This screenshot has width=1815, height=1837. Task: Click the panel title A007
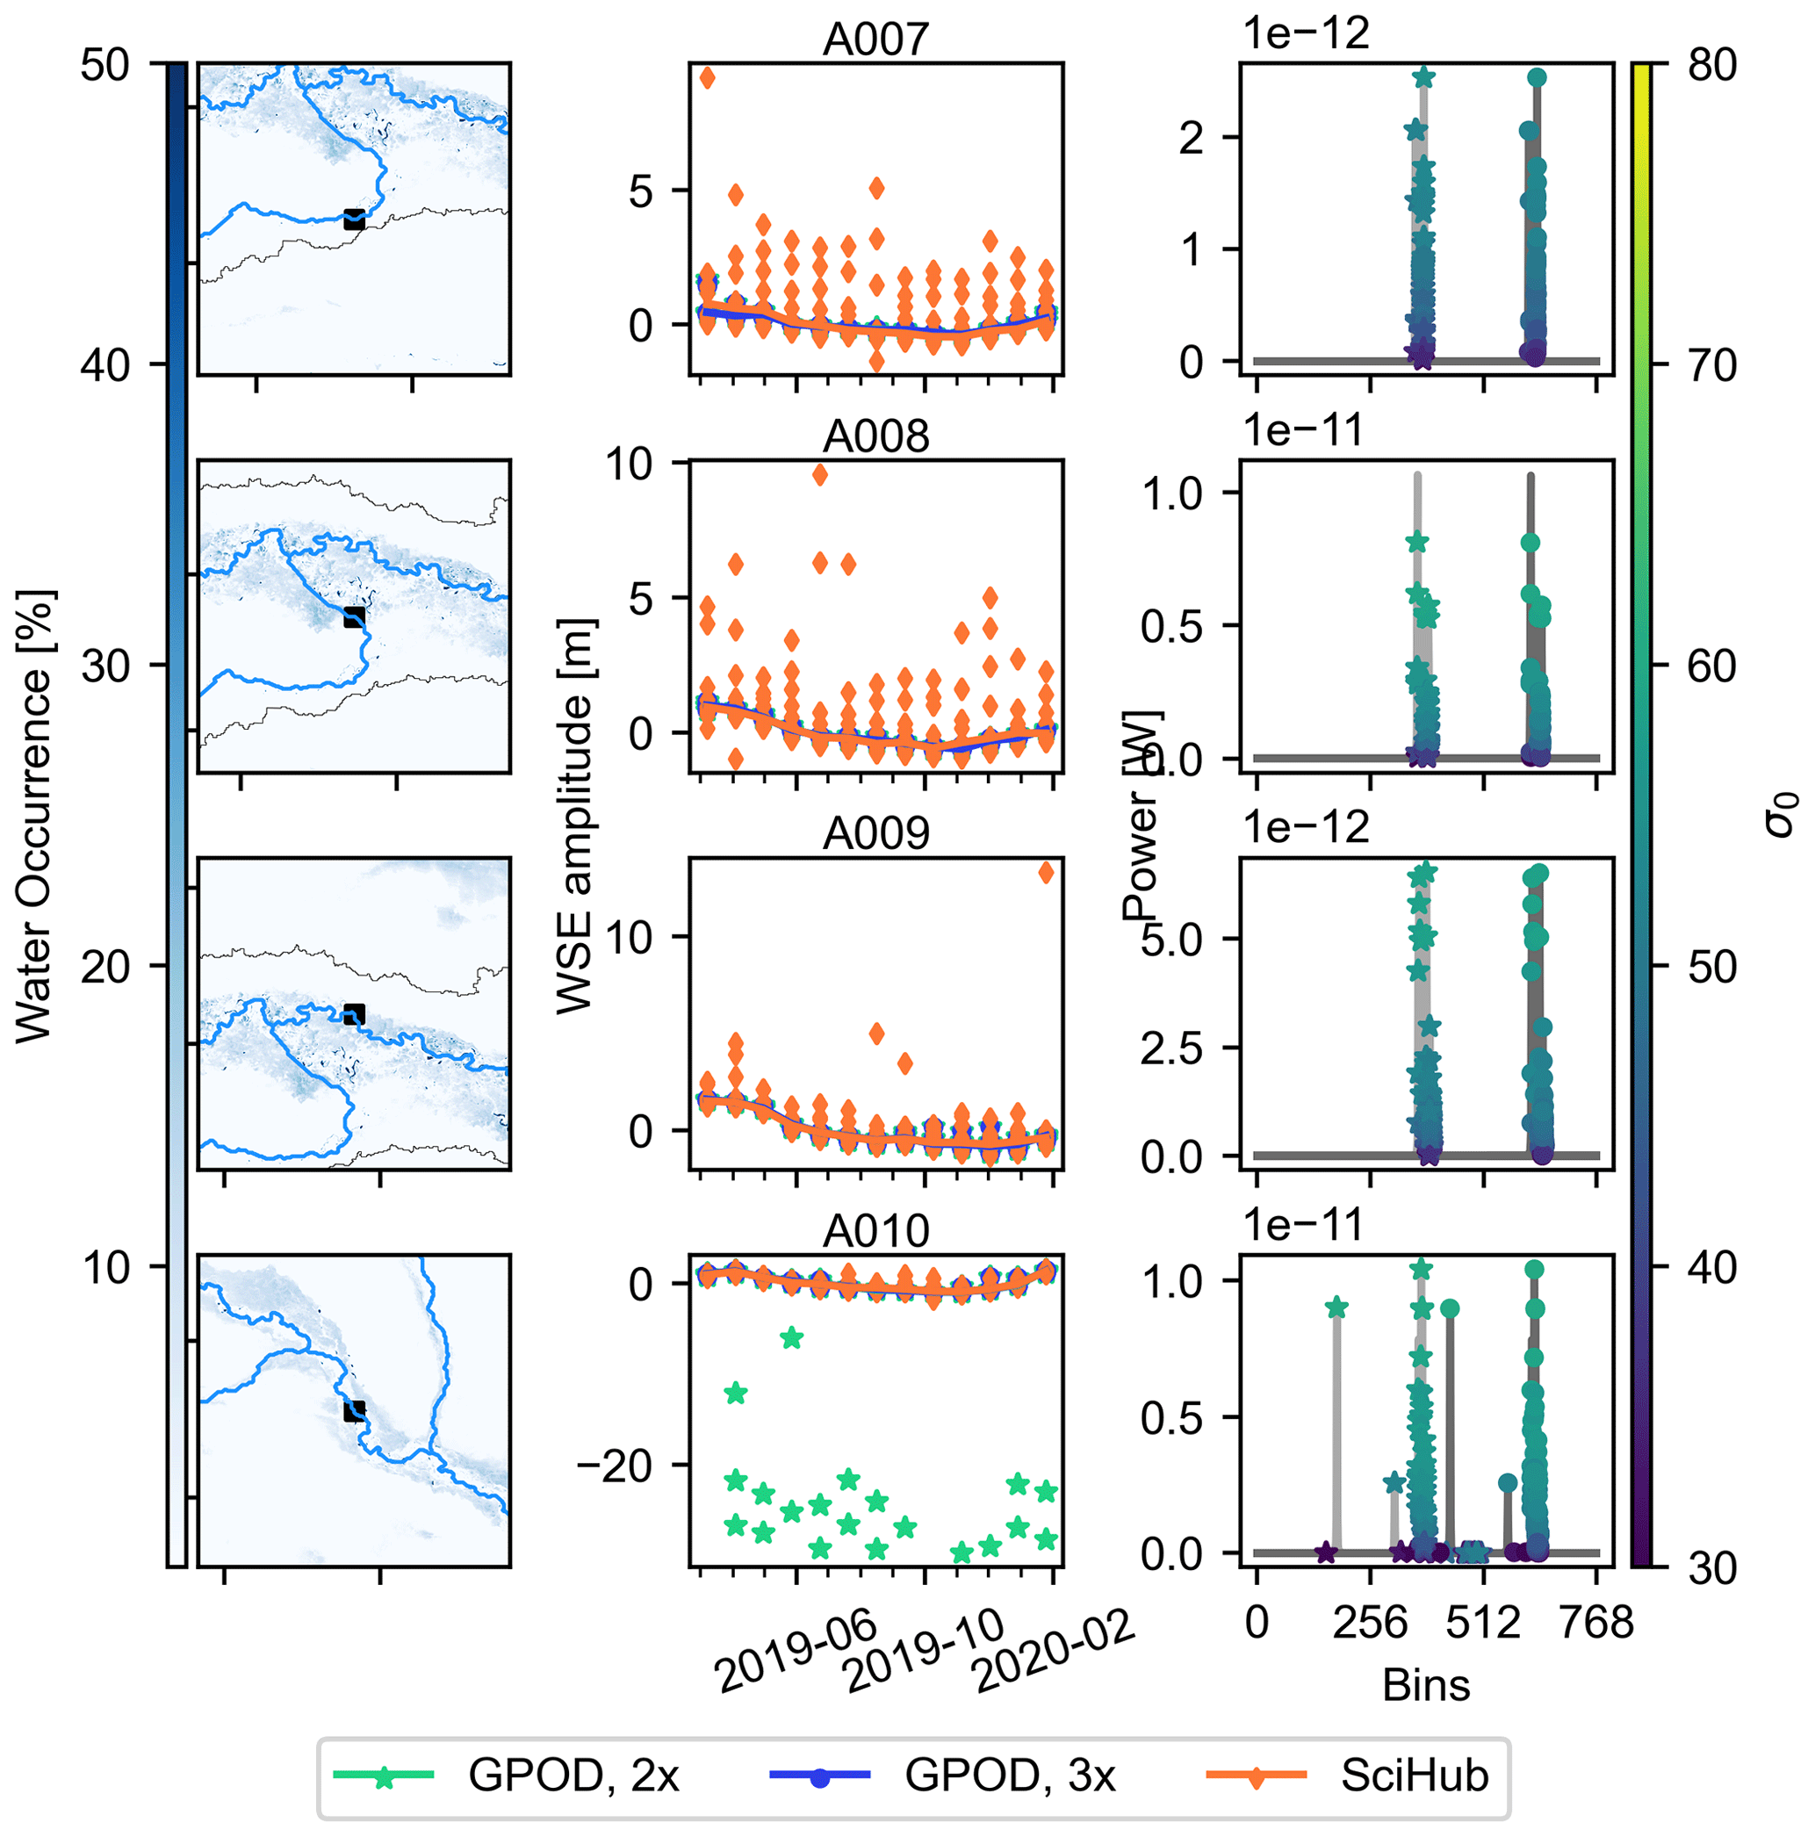point(875,40)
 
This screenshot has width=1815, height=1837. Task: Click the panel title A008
point(875,437)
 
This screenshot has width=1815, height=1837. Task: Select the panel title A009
point(875,834)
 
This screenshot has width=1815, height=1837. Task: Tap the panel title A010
point(875,1231)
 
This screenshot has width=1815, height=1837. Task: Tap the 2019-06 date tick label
point(796,1652)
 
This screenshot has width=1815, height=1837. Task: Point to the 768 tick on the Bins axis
point(1595,1622)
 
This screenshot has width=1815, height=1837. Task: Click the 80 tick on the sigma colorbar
point(1712,66)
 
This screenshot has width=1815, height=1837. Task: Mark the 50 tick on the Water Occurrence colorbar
point(105,66)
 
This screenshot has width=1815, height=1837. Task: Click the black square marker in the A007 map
point(354,220)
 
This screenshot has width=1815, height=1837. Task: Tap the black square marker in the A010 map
point(354,1411)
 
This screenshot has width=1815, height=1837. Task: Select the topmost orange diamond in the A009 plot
point(1046,872)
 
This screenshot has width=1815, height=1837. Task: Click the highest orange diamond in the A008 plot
point(819,474)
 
